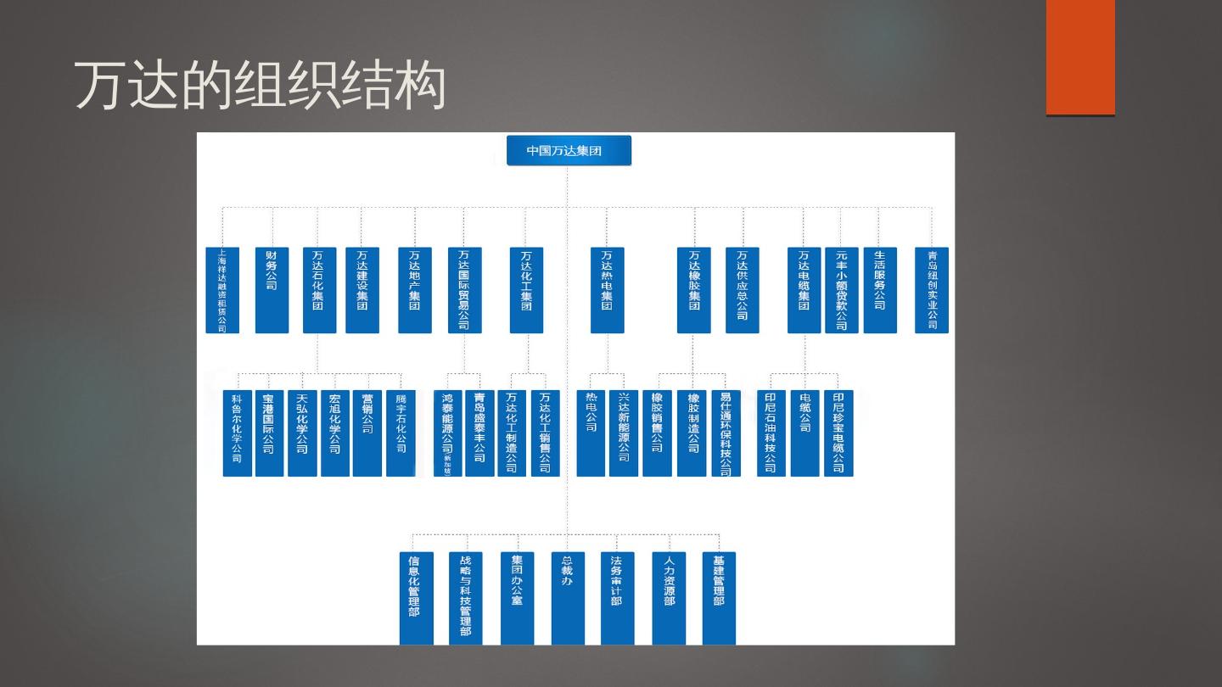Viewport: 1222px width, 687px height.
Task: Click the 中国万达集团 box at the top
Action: point(569,151)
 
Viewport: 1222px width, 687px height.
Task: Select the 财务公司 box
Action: point(272,290)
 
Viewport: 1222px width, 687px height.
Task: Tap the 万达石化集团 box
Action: point(319,290)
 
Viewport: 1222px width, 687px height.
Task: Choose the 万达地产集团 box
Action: point(415,290)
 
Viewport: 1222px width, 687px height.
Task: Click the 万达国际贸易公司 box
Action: point(464,290)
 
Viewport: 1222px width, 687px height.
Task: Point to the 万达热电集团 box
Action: point(607,290)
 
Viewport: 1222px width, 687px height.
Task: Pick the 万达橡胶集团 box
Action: point(694,290)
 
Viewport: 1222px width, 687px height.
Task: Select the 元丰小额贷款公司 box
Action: point(841,290)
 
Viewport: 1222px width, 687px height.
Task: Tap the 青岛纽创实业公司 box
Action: point(932,290)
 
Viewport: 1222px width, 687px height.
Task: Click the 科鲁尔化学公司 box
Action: point(238,433)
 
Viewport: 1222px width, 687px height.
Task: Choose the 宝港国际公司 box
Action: point(269,433)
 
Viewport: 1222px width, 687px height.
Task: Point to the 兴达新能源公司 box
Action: point(624,433)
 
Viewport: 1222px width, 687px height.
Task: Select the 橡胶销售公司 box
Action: point(657,433)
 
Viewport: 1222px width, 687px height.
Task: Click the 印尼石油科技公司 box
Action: point(771,433)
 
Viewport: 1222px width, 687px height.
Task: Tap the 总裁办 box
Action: point(568,598)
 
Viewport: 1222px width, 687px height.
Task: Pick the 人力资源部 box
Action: point(669,598)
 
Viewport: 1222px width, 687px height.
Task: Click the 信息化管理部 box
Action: point(416,598)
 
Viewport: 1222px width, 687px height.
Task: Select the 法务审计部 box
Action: point(617,598)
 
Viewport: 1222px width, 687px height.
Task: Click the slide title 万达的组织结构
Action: point(260,86)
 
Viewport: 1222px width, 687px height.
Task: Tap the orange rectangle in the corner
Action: point(1080,57)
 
